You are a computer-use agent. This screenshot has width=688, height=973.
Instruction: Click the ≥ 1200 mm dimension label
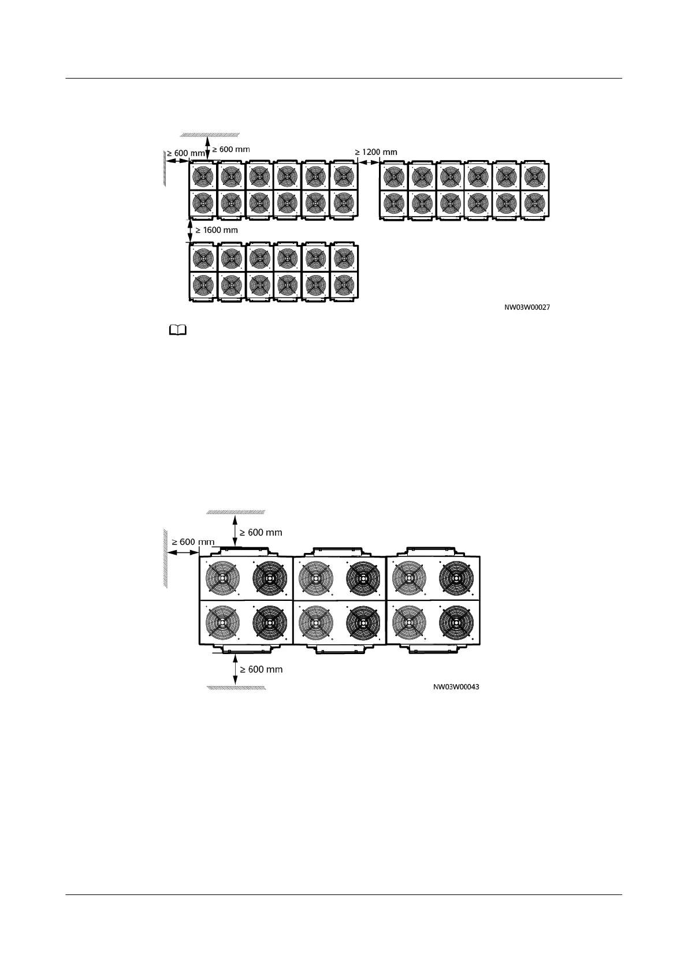point(376,152)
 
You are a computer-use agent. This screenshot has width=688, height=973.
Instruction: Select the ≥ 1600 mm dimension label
point(216,230)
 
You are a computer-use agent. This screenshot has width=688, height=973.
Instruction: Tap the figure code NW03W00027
point(527,308)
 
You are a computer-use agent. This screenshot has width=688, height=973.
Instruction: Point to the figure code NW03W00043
point(456,688)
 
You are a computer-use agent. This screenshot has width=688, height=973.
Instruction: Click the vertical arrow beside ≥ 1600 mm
point(191,231)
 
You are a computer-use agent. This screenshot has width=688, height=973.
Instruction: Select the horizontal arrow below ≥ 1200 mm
point(368,162)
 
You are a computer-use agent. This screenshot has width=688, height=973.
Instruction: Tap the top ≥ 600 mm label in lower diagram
point(261,532)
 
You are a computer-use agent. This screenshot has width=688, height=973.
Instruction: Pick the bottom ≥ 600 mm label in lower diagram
point(261,670)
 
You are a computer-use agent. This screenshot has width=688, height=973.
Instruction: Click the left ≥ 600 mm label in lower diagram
point(192,542)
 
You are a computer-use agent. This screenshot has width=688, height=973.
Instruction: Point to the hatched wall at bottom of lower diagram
point(236,688)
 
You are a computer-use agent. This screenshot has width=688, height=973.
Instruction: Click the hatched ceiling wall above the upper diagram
point(209,134)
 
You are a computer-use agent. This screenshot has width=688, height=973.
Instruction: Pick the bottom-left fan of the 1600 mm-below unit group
point(203,285)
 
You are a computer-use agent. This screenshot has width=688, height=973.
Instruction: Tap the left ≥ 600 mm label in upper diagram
point(186,154)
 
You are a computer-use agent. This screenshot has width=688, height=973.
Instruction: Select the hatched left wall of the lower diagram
point(165,558)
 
